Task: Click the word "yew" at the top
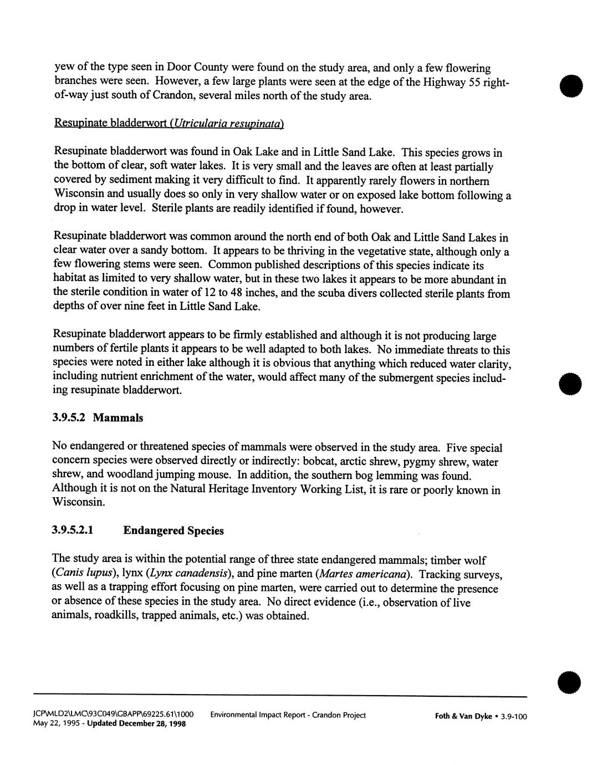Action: point(62,68)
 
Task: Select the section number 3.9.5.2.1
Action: point(73,531)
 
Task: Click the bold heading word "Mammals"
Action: point(118,418)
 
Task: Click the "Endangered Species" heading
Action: point(173,531)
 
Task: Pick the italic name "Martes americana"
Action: point(361,574)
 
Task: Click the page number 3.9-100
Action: point(513,716)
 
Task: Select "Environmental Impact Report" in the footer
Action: point(258,715)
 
